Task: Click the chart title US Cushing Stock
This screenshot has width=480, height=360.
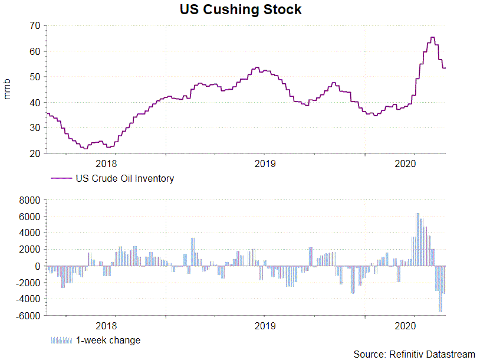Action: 241,9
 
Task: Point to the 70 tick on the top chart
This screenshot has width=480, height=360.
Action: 34,26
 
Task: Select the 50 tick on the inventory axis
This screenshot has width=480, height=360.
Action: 34,77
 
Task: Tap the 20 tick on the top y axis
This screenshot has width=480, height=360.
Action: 34,153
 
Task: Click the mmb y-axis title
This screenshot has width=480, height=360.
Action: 8,89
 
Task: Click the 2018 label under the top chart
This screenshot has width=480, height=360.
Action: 106,163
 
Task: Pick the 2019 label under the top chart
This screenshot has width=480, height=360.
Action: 265,163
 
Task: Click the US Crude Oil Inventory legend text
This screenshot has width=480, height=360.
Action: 124,178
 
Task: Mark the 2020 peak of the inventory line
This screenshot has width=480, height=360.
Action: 432,38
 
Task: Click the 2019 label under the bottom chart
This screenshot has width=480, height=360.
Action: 265,326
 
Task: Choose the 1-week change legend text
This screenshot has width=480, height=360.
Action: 108,340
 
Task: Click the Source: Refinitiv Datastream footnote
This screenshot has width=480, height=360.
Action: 414,354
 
